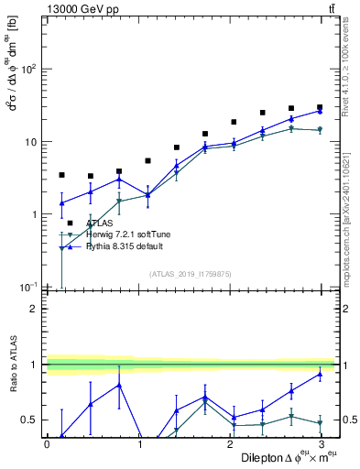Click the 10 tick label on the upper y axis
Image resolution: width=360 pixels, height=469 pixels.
click(x=28, y=142)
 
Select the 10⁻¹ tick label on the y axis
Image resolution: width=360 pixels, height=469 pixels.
click(x=26, y=287)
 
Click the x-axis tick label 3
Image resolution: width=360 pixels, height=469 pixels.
click(x=320, y=443)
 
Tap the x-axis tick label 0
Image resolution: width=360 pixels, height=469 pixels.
click(x=47, y=443)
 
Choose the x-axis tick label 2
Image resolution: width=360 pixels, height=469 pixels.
click(x=229, y=443)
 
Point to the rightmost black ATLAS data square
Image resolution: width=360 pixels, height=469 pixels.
click(x=320, y=107)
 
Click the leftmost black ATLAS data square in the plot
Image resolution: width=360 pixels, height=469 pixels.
click(x=61, y=174)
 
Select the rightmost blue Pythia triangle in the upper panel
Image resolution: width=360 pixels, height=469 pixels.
click(x=320, y=112)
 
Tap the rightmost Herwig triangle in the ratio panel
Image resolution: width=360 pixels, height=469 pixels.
click(x=320, y=423)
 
